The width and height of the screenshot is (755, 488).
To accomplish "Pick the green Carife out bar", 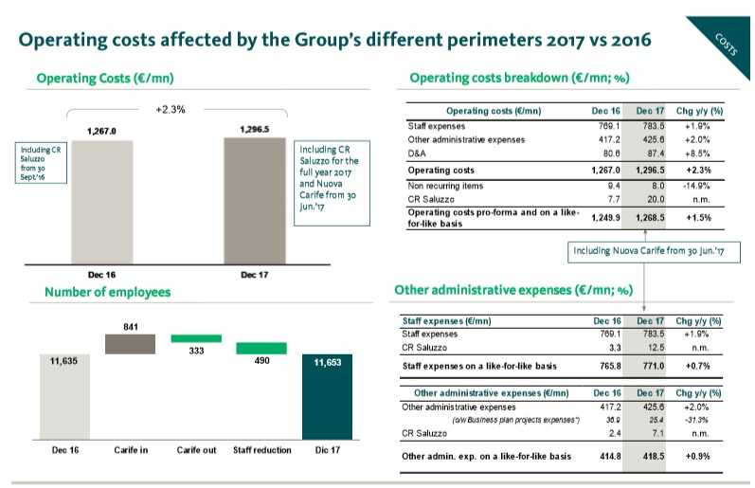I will [x=195, y=338].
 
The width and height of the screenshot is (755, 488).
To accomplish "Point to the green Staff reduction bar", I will [x=261, y=348].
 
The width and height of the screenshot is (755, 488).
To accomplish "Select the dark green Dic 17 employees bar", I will [x=326, y=396].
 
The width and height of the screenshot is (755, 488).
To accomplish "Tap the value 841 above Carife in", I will [x=132, y=325].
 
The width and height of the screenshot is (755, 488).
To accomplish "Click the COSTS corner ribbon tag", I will [x=728, y=43].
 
